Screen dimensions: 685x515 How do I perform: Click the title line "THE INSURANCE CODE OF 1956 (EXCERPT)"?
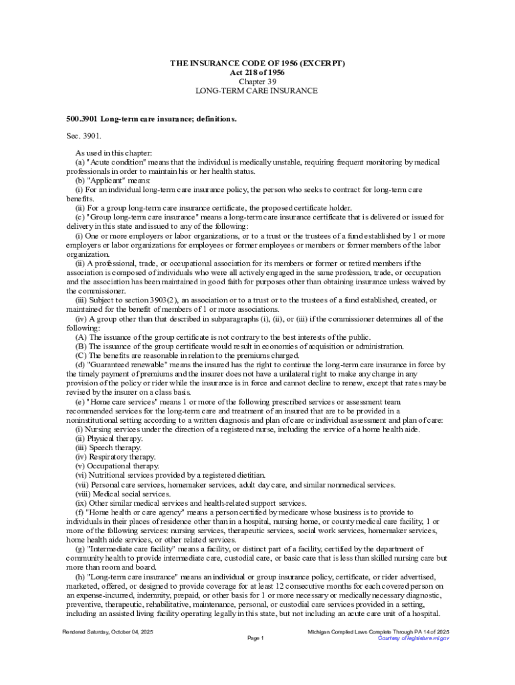(x=257, y=64)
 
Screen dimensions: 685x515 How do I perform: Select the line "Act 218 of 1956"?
(x=257, y=72)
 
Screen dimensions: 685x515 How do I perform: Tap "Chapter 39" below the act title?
(x=257, y=82)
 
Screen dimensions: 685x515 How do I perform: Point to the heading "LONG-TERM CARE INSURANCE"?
(x=257, y=90)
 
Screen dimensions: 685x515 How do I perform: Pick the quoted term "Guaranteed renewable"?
(x=126, y=365)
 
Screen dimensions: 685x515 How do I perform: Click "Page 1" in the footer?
(x=256, y=638)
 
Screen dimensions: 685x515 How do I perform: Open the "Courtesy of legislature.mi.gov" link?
(x=413, y=638)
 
